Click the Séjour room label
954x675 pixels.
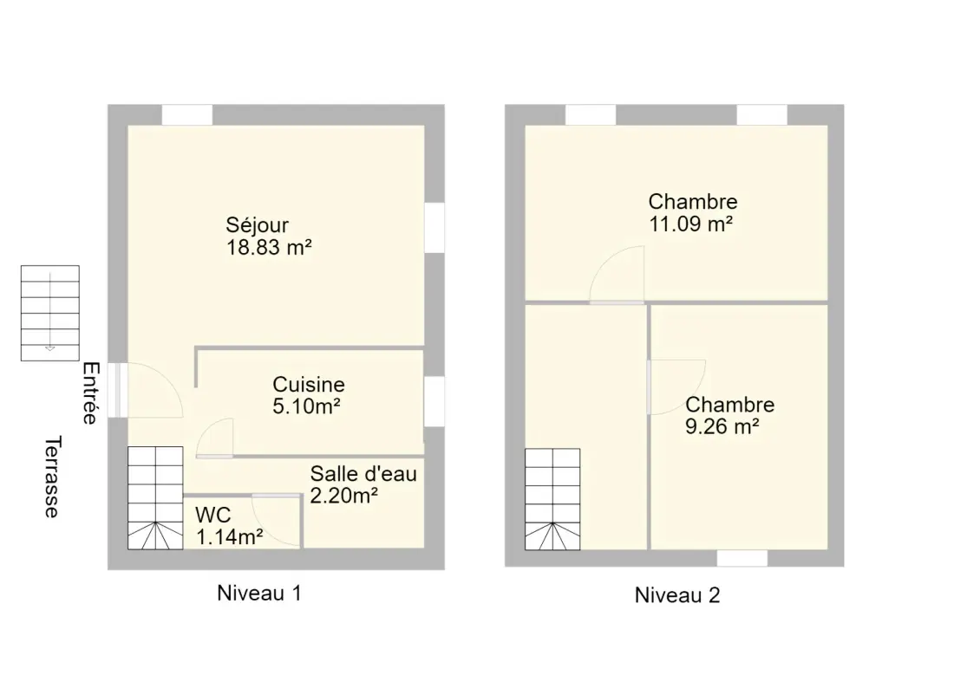pyautogui.click(x=258, y=225)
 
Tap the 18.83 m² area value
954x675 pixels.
pyautogui.click(x=270, y=248)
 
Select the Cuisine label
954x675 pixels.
pyautogui.click(x=309, y=385)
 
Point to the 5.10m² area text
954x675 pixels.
pyautogui.click(x=306, y=406)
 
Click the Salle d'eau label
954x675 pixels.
pyautogui.click(x=363, y=474)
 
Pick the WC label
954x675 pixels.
pyautogui.click(x=213, y=515)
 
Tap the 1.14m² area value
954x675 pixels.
pyautogui.click(x=229, y=537)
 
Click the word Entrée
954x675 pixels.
pyautogui.click(x=91, y=393)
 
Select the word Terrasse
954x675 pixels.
pyautogui.click(x=53, y=477)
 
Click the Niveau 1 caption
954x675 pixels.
pyautogui.click(x=259, y=593)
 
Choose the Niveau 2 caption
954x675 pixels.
pyautogui.click(x=677, y=594)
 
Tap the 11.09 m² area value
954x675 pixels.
pyautogui.click(x=690, y=224)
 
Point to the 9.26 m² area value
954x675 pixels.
pyautogui.click(x=722, y=426)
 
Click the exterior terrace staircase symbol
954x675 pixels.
pyautogui.click(x=50, y=313)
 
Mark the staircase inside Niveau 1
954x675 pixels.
pyautogui.click(x=155, y=498)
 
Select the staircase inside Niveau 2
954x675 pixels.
pyautogui.click(x=552, y=499)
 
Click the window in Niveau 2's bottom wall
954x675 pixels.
pyautogui.click(x=742, y=558)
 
